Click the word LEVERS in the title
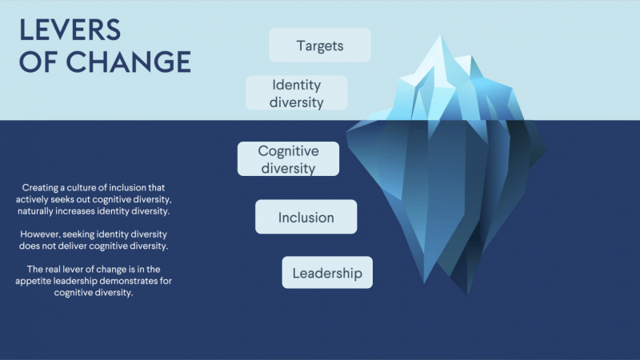coord(70,30)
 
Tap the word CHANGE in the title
coord(128,62)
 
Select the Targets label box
coord(320,46)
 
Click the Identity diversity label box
coord(297,93)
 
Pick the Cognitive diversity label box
coord(288,159)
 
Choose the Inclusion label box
coord(306,217)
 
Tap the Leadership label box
coord(327,273)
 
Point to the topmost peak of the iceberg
coord(440,35)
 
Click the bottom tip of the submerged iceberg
coord(467,294)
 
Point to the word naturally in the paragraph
coord(35,211)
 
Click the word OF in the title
coord(38,62)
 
